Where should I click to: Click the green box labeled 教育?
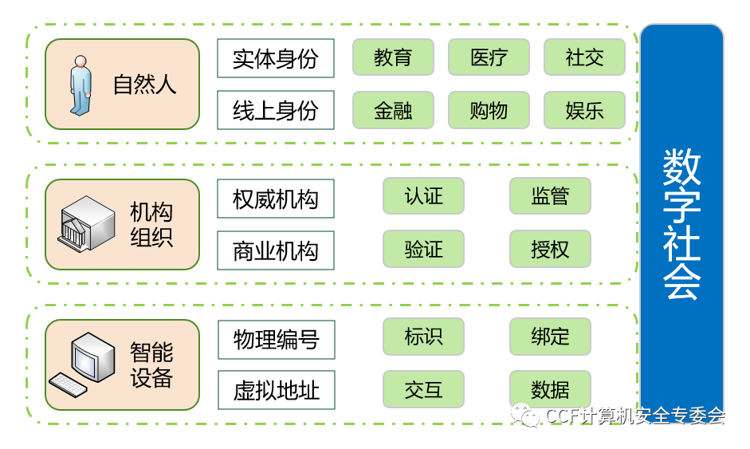tap(393, 57)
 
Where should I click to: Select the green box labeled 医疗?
tap(489, 57)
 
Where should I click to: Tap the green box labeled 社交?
tap(584, 57)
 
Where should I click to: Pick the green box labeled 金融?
tap(393, 110)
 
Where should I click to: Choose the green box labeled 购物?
tap(489, 110)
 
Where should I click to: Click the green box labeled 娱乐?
tap(584, 110)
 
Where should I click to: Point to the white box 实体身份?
tap(276, 58)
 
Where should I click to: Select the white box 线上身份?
tap(276, 110)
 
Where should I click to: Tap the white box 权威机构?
tap(276, 199)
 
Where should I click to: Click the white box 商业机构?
tap(276, 250)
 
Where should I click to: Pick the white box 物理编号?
tap(277, 339)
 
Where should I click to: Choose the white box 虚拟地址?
tap(277, 390)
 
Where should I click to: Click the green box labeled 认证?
tap(423, 196)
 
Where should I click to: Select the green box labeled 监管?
tap(550, 196)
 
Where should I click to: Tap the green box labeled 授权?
tap(550, 249)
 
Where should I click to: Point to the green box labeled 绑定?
tap(550, 337)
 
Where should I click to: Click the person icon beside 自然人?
tap(80, 84)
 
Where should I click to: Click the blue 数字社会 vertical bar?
tap(681, 223)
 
